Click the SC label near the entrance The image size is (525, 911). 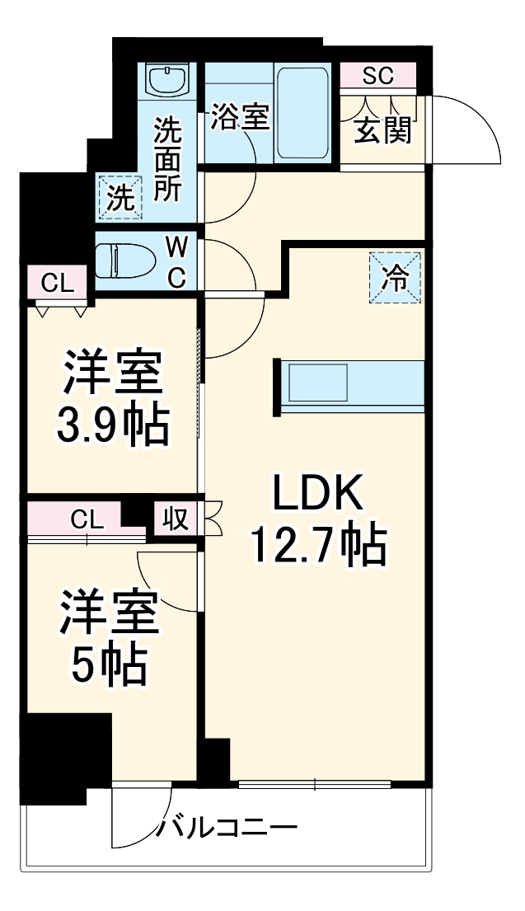pyautogui.click(x=378, y=76)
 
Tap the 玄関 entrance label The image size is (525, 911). pyautogui.click(x=383, y=130)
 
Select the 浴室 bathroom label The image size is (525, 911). pyautogui.click(x=239, y=117)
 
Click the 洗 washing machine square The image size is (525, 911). pyautogui.click(x=120, y=198)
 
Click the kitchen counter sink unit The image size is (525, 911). pyautogui.click(x=349, y=383)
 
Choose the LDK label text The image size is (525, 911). pyautogui.click(x=317, y=498)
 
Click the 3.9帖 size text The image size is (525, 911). pyautogui.click(x=112, y=425)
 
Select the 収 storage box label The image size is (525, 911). pyautogui.click(x=176, y=519)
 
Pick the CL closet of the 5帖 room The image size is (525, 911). pyautogui.click(x=86, y=520)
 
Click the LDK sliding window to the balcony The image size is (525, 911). pyautogui.click(x=315, y=784)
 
